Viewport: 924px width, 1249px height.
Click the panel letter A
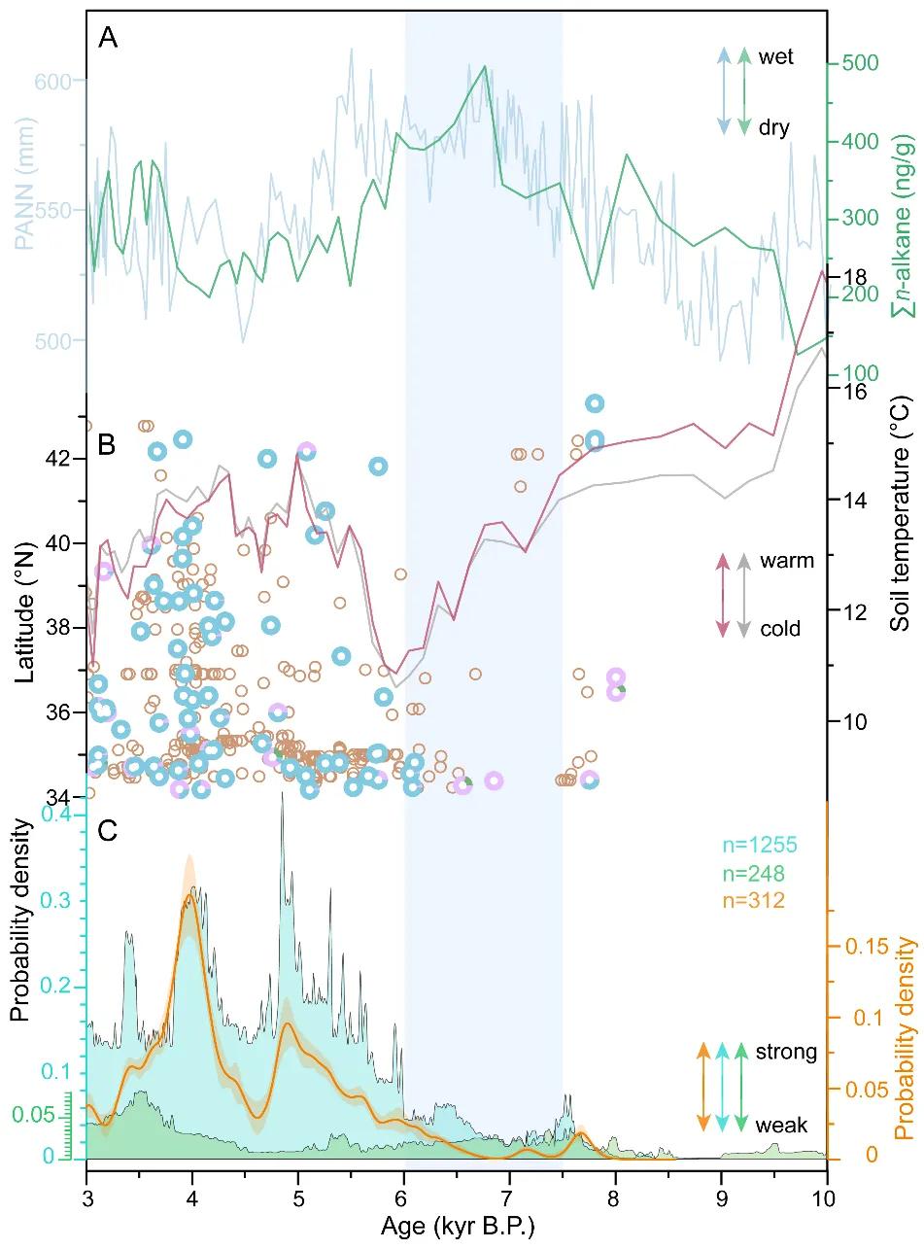pyautogui.click(x=108, y=39)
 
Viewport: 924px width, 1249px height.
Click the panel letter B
pyautogui.click(x=107, y=445)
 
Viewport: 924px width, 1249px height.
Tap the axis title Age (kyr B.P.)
pyautogui.click(x=458, y=1225)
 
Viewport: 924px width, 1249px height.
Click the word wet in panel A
pyautogui.click(x=775, y=56)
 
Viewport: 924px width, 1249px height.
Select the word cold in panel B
pyautogui.click(x=780, y=628)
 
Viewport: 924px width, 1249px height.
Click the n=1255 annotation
pyautogui.click(x=760, y=845)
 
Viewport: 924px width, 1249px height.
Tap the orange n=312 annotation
pyautogui.click(x=753, y=900)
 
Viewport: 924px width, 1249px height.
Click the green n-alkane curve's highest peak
pyautogui.click(x=484, y=66)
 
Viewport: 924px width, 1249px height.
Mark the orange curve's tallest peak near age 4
pyautogui.click(x=189, y=894)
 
